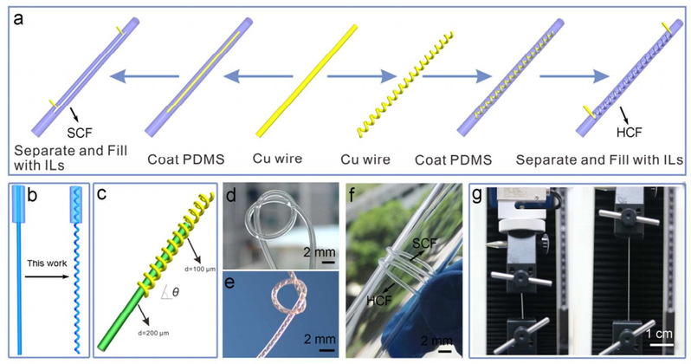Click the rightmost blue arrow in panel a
(x=566, y=79)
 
